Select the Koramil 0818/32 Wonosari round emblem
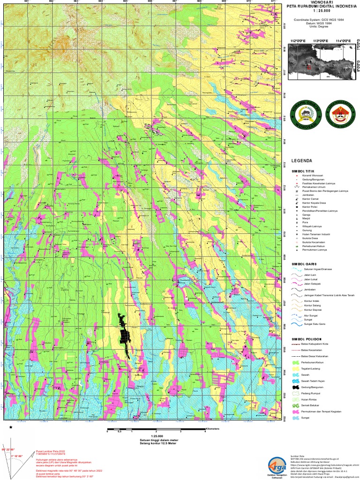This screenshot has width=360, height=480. [302, 114]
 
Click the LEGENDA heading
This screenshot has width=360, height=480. [301, 160]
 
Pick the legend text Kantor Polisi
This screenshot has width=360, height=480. [311, 207]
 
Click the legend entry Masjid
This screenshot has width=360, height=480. [306, 218]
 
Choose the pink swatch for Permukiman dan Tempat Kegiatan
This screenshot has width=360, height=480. [295, 411]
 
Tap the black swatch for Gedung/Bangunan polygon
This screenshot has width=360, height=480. [295, 388]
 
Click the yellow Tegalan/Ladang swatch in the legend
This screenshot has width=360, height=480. [295, 369]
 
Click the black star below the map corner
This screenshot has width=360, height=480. [11, 427]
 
